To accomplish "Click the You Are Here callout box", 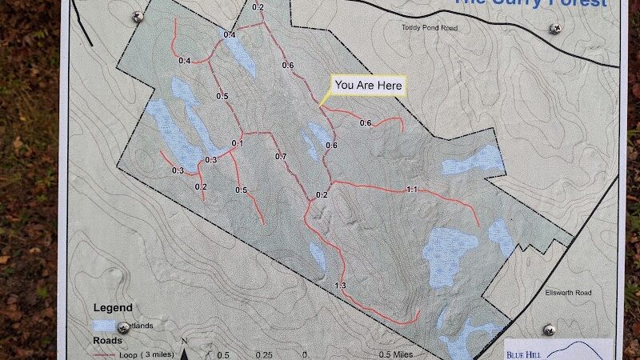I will tap(370, 85).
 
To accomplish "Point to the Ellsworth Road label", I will tap(569, 292).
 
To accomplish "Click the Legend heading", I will tap(114, 307).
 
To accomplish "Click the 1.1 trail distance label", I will tap(413, 189).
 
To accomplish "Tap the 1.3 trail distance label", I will tap(340, 286).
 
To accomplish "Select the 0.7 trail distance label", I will tap(280, 156).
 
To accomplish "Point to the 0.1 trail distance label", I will tap(237, 143).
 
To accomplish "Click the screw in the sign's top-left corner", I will tap(137, 16).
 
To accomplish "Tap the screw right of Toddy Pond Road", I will tap(555, 28).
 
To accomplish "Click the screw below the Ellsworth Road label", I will tap(549, 330).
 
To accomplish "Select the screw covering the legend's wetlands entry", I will tap(124, 327).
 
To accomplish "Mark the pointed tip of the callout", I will tap(319, 106).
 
